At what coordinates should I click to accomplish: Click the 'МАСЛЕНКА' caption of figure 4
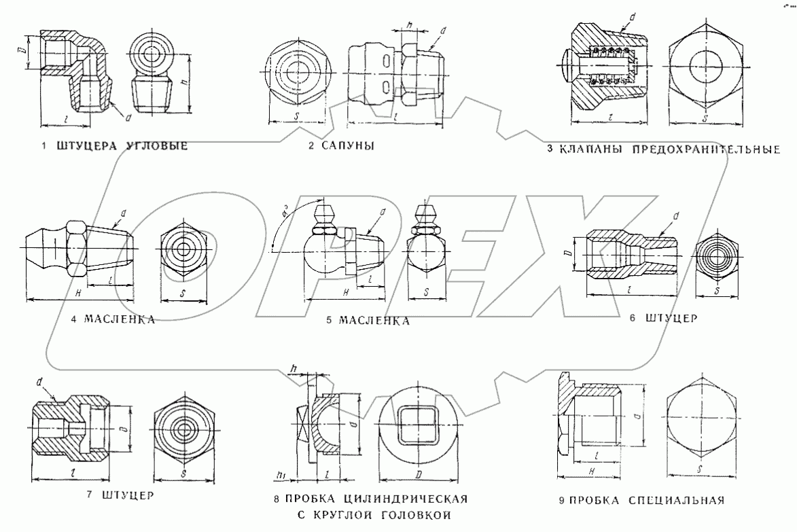tap(120, 319)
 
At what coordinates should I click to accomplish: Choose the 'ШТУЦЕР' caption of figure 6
tap(670, 318)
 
